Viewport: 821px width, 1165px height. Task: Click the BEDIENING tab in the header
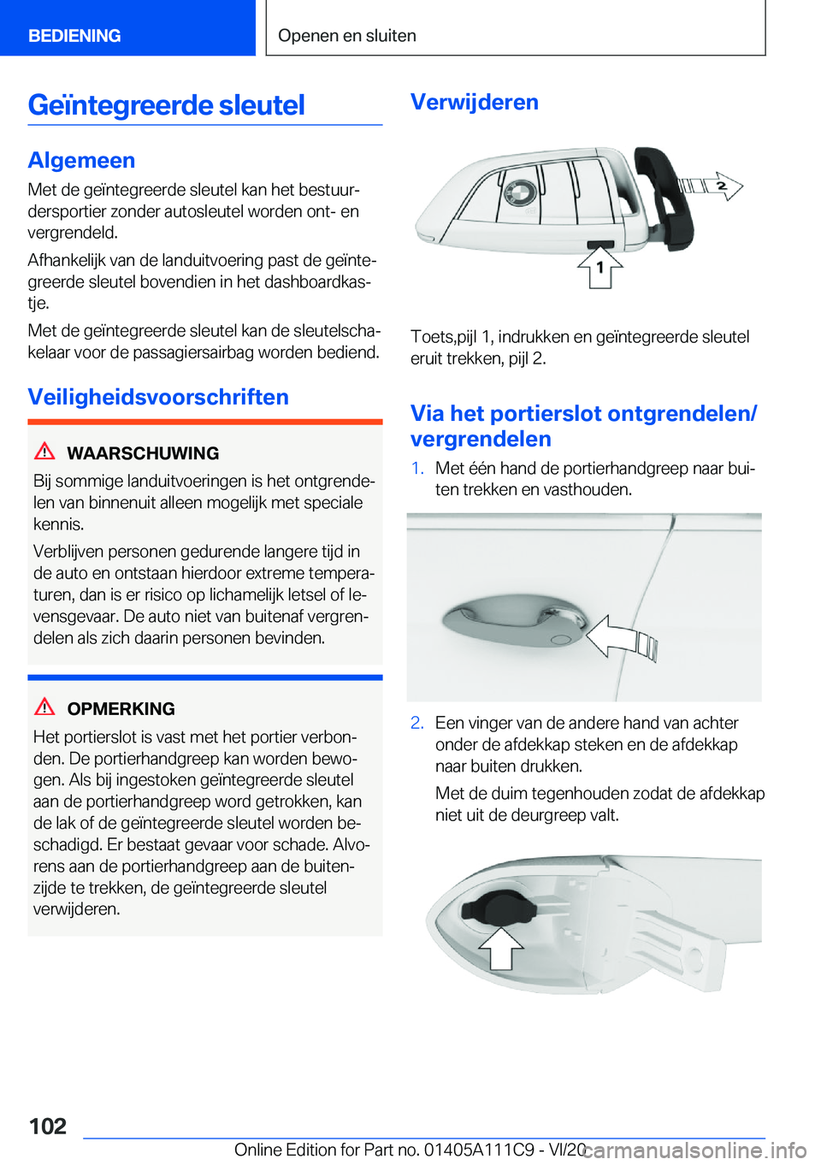point(74,36)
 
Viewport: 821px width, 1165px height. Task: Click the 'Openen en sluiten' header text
point(347,36)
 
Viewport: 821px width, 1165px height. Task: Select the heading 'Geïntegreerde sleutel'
point(167,105)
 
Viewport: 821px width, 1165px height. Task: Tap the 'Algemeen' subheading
point(81,160)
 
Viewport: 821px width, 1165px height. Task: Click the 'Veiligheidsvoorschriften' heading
point(158,397)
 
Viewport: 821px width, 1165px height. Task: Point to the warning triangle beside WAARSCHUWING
point(44,452)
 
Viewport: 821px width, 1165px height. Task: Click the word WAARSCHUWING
point(143,453)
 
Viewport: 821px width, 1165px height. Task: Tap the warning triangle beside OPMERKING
point(44,707)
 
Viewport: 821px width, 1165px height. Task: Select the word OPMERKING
point(121,709)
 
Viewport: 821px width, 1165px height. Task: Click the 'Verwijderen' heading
point(475,102)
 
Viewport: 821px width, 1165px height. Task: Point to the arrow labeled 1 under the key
point(600,266)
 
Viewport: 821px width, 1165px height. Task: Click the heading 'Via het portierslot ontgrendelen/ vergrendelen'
point(583,426)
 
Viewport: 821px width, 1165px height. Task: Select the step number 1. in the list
point(417,469)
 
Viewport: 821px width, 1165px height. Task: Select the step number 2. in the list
point(417,724)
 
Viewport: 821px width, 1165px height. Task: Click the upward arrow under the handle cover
point(500,947)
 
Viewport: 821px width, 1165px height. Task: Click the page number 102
point(48,1126)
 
